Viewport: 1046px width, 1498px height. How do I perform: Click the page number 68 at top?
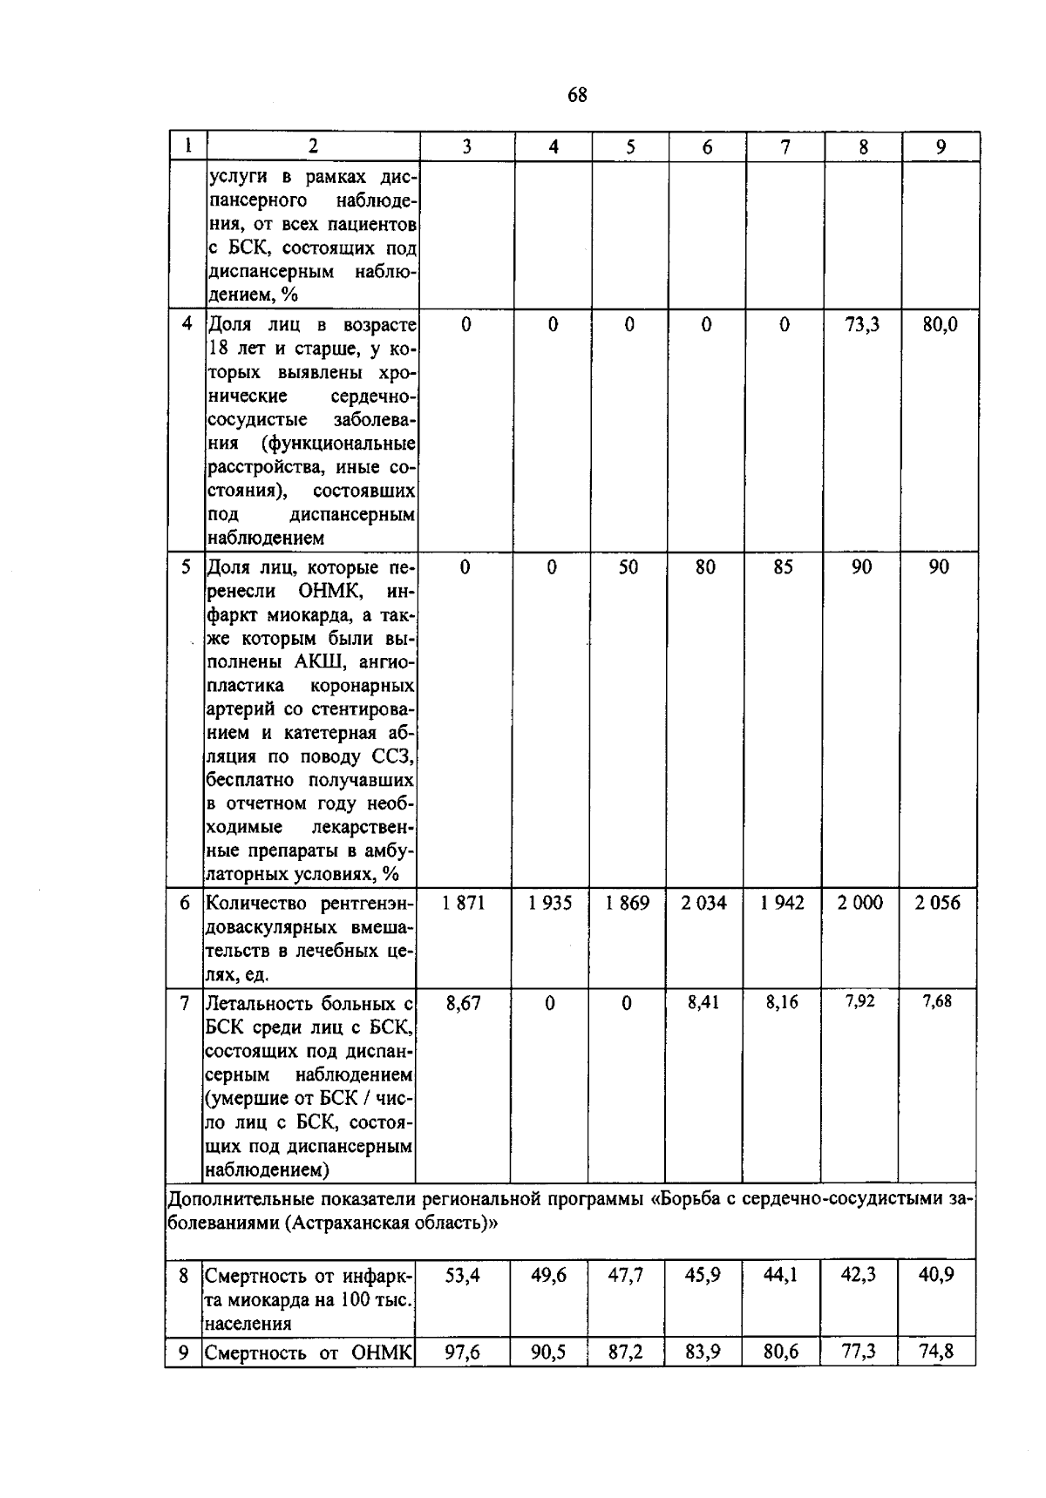pos(577,95)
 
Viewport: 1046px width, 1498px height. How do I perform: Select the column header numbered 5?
pos(629,147)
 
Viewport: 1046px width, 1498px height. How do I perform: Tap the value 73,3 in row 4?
pos(862,325)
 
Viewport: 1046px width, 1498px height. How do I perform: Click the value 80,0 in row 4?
pos(940,325)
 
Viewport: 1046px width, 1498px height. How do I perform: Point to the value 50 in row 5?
pos(628,567)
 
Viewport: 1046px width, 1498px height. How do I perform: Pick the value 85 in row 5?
pos(783,567)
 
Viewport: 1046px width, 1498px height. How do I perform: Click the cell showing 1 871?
pos(464,903)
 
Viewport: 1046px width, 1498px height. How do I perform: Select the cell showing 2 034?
pos(704,903)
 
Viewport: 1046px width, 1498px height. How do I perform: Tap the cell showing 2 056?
pos(938,903)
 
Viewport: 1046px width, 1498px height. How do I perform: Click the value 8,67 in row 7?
pos(463,1003)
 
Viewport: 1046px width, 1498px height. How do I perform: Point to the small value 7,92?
pos(859,1001)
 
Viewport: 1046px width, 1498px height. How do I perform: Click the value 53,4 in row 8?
pos(463,1275)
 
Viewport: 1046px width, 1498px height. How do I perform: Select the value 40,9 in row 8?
pos(936,1274)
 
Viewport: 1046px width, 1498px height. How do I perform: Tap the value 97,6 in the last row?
pos(463,1352)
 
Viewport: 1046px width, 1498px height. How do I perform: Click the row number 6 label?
pos(185,903)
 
